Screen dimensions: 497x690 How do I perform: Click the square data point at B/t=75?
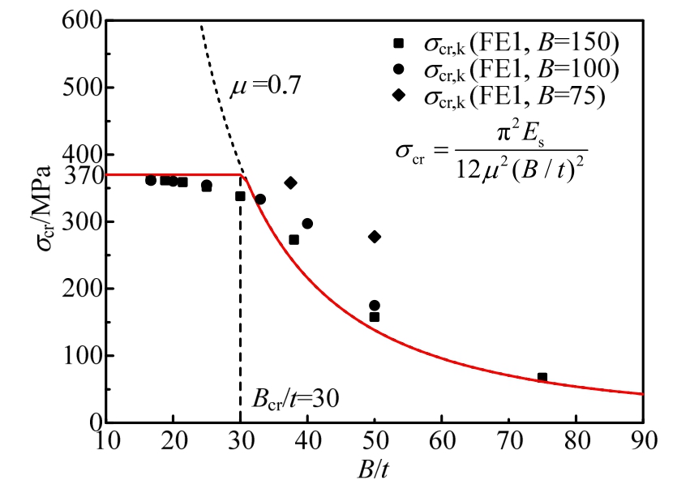(542, 378)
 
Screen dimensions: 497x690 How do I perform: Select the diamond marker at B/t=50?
(375, 237)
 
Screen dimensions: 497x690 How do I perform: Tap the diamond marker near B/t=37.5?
(290, 183)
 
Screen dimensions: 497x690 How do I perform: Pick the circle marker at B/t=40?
(307, 224)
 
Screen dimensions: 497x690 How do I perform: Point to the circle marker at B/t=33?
(260, 199)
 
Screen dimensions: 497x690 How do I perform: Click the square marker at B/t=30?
(240, 196)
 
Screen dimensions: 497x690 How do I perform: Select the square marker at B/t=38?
(294, 240)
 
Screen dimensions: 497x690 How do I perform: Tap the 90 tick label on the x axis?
(642, 443)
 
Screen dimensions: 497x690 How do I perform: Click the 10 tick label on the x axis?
(106, 443)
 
